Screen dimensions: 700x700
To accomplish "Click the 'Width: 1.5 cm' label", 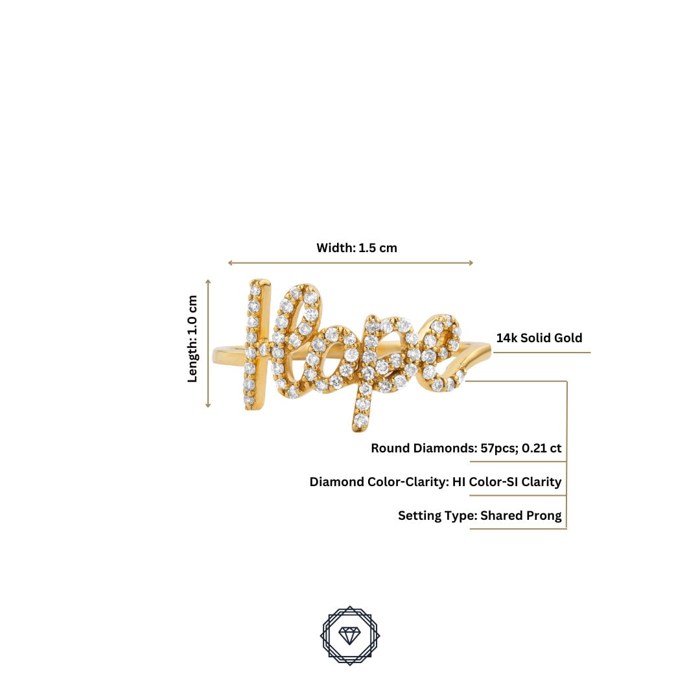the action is click(x=356, y=248).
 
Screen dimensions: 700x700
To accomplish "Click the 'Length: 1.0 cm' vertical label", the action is click(x=192, y=339).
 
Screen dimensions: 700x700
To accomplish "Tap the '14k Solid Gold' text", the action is click(x=539, y=338).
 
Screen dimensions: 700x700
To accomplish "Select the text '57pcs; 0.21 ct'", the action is click(x=521, y=448).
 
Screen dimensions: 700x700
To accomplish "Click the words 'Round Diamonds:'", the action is click(x=424, y=448).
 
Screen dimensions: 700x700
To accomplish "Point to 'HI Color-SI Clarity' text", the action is click(x=507, y=482).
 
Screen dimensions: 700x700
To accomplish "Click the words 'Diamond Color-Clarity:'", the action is click(x=379, y=482).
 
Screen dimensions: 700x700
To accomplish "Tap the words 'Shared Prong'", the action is click(x=521, y=516).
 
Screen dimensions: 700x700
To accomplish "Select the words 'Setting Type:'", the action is click(x=437, y=516).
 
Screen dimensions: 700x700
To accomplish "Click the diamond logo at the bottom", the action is click(x=350, y=635).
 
